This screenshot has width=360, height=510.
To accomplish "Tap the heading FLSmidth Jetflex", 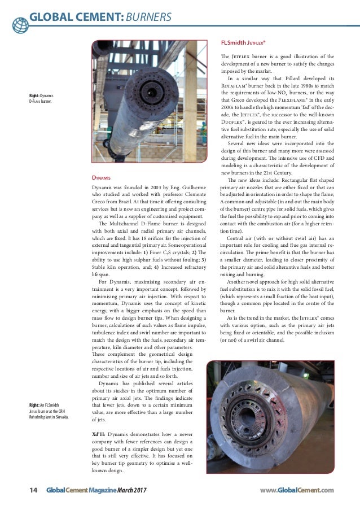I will [243, 42].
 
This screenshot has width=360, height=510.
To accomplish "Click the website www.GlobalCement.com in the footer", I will [297, 490].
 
